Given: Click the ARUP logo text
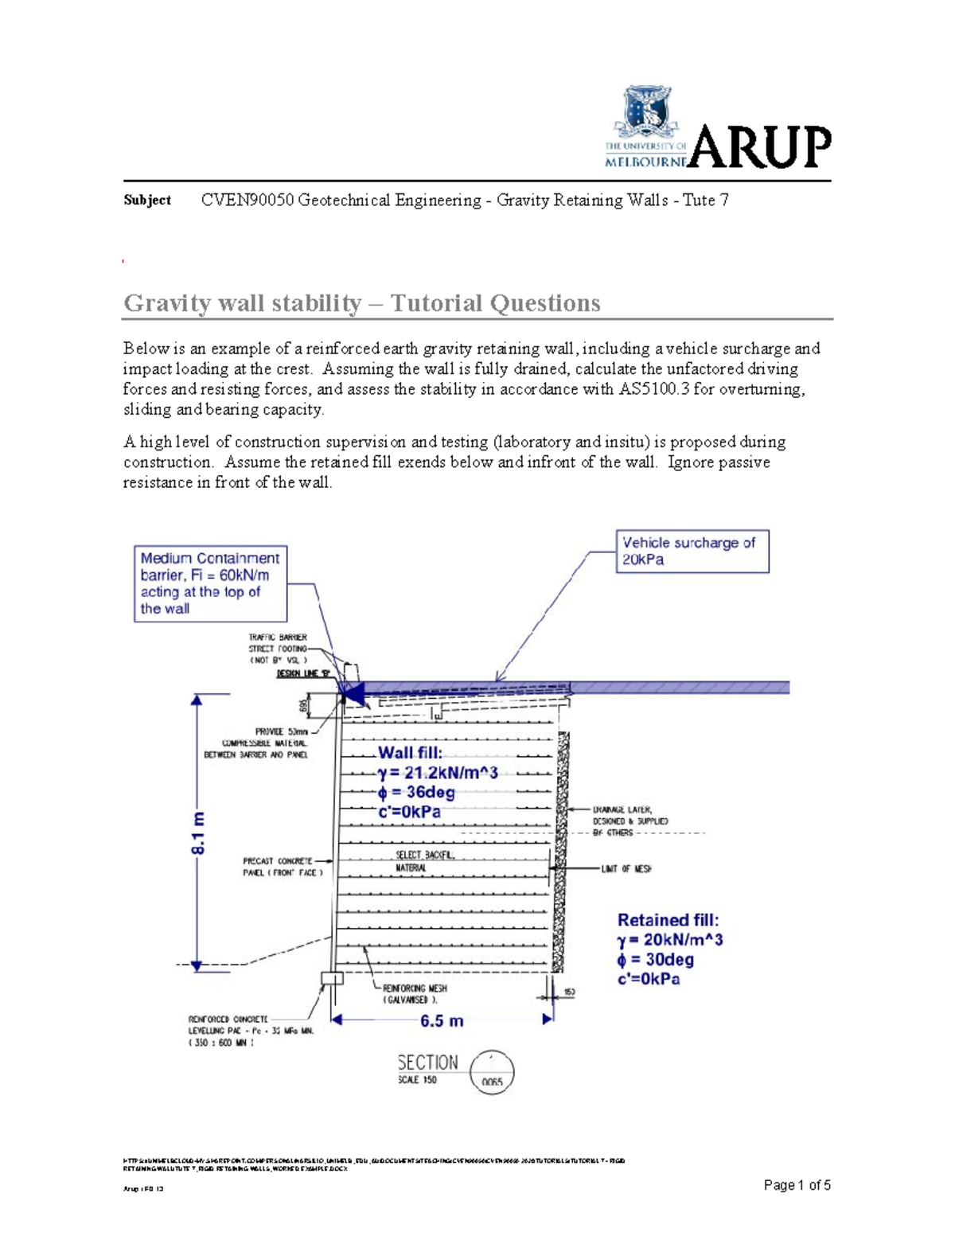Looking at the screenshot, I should click(760, 147).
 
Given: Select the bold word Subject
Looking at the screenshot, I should click(147, 200).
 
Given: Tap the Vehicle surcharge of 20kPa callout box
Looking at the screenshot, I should click(692, 551).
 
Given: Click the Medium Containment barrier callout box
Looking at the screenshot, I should click(210, 583).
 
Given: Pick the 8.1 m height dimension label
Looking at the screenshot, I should click(198, 832).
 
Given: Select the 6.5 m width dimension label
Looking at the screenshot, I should click(442, 1021).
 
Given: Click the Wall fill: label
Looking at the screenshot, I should click(410, 753).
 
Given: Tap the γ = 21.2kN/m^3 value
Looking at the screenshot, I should click(438, 773).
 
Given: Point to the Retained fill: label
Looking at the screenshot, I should click(668, 920).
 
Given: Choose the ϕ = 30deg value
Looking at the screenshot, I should click(656, 960).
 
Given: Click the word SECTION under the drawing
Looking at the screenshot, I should click(427, 1063).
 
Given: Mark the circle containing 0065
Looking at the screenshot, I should click(492, 1073).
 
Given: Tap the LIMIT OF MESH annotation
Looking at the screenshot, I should click(626, 869).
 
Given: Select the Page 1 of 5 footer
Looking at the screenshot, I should click(797, 1186).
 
